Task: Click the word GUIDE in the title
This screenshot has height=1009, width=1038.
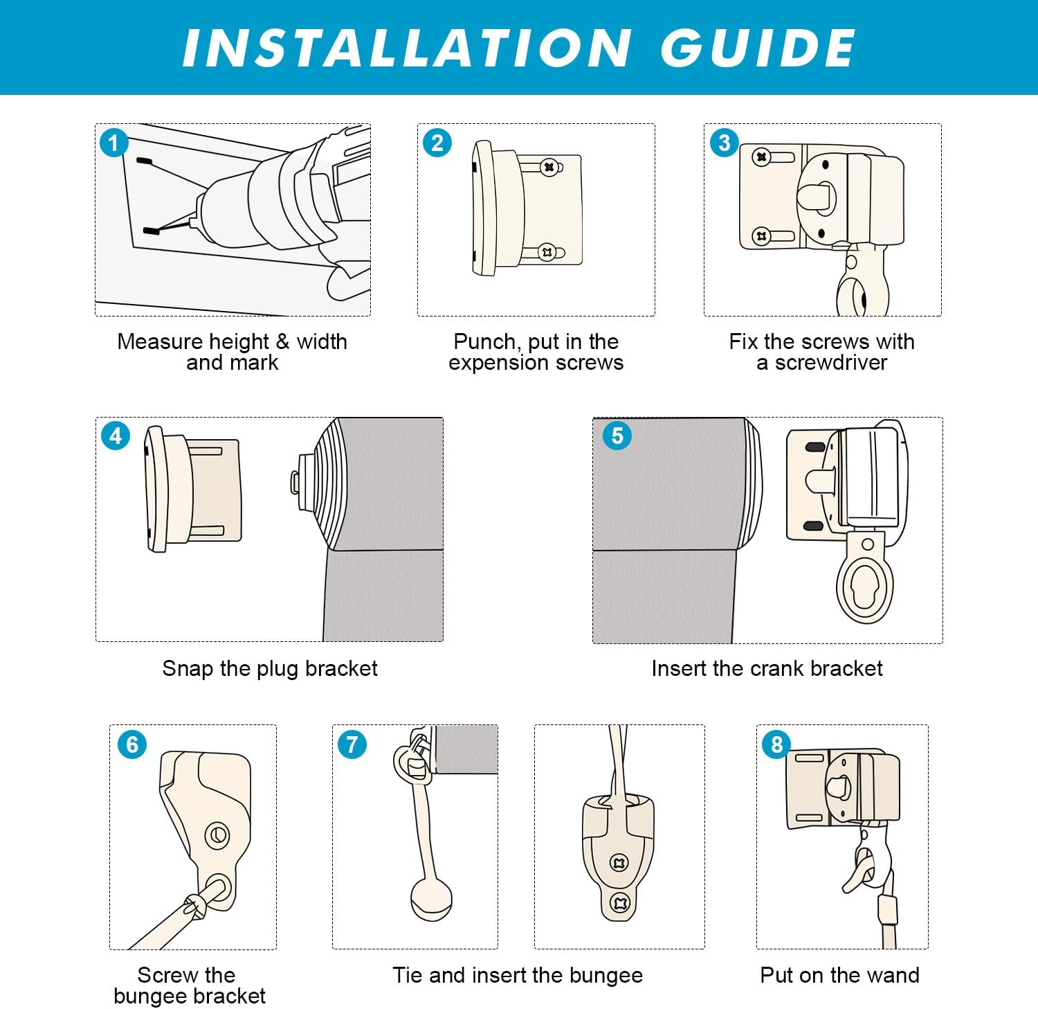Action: coord(758,48)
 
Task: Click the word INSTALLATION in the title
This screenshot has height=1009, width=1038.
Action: coord(406,48)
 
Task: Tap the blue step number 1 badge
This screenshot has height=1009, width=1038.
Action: coord(114,143)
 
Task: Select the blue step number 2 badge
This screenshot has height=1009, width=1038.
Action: coord(437,143)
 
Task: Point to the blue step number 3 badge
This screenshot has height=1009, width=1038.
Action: coord(725,143)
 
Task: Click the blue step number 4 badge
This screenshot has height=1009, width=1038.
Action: coord(116,436)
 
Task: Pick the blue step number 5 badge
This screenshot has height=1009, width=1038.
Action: coord(617,436)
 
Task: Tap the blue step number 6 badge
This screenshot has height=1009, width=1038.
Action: coord(132,745)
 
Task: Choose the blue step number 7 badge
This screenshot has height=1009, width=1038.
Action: coord(352,745)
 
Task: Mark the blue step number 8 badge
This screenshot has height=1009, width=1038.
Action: coord(776,745)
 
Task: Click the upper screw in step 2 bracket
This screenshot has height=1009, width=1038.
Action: coord(549,167)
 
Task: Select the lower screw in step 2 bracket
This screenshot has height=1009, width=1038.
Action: coord(547,252)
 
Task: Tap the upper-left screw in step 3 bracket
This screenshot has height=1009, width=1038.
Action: coord(762,157)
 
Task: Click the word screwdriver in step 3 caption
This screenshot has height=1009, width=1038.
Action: coord(831,363)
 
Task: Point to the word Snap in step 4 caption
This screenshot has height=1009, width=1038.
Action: coord(188,669)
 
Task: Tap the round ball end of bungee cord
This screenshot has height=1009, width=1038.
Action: coord(431,899)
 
